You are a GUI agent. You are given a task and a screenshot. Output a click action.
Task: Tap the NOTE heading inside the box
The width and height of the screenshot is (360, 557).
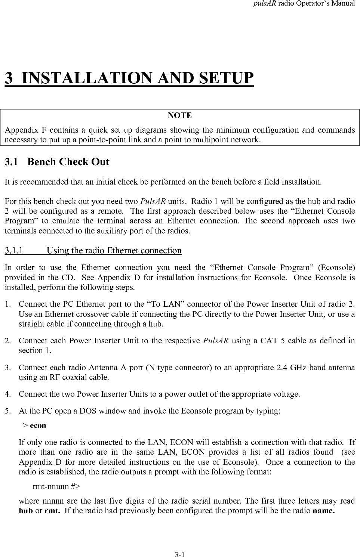click(180, 115)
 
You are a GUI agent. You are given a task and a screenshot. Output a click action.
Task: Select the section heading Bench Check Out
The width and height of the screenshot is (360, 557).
click(68, 162)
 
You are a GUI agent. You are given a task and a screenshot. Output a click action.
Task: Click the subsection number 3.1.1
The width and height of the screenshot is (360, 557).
click(13, 250)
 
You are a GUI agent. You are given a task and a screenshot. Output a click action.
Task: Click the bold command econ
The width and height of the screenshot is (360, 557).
click(38, 426)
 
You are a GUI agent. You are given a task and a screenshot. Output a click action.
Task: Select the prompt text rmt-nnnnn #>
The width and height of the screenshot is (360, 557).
click(56, 486)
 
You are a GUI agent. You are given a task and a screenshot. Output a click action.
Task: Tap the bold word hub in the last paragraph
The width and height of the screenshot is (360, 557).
click(26, 511)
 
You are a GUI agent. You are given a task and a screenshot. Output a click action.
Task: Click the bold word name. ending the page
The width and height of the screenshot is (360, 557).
click(323, 511)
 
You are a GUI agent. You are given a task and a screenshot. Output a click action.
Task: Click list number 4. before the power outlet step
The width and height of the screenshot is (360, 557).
click(7, 394)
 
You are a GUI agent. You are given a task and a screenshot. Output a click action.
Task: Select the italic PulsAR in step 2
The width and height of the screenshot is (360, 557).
click(216, 341)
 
